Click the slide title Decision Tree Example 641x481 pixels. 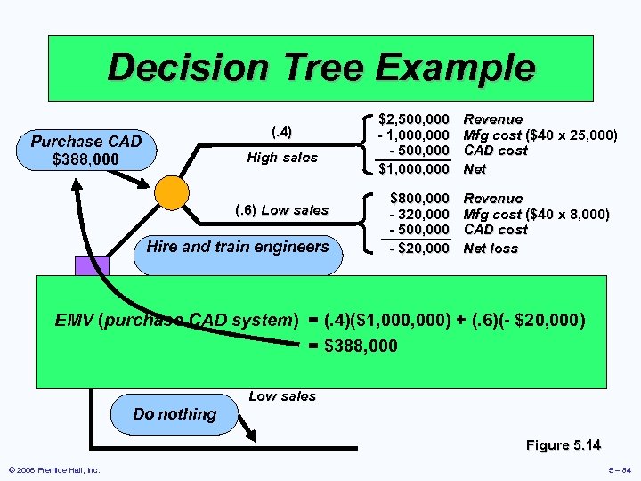pos(320,68)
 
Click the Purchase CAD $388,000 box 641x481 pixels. pos(86,151)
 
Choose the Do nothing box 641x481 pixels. pos(174,413)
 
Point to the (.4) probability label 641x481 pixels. pos(280,132)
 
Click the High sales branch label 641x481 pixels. pos(281,158)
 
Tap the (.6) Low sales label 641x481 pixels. pos(281,210)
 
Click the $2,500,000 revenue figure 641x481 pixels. pos(413,118)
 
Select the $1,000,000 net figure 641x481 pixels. pos(413,167)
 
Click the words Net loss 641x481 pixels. pos(491,249)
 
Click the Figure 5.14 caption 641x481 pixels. pos(563,444)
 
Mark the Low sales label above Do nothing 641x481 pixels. pos(282,396)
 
